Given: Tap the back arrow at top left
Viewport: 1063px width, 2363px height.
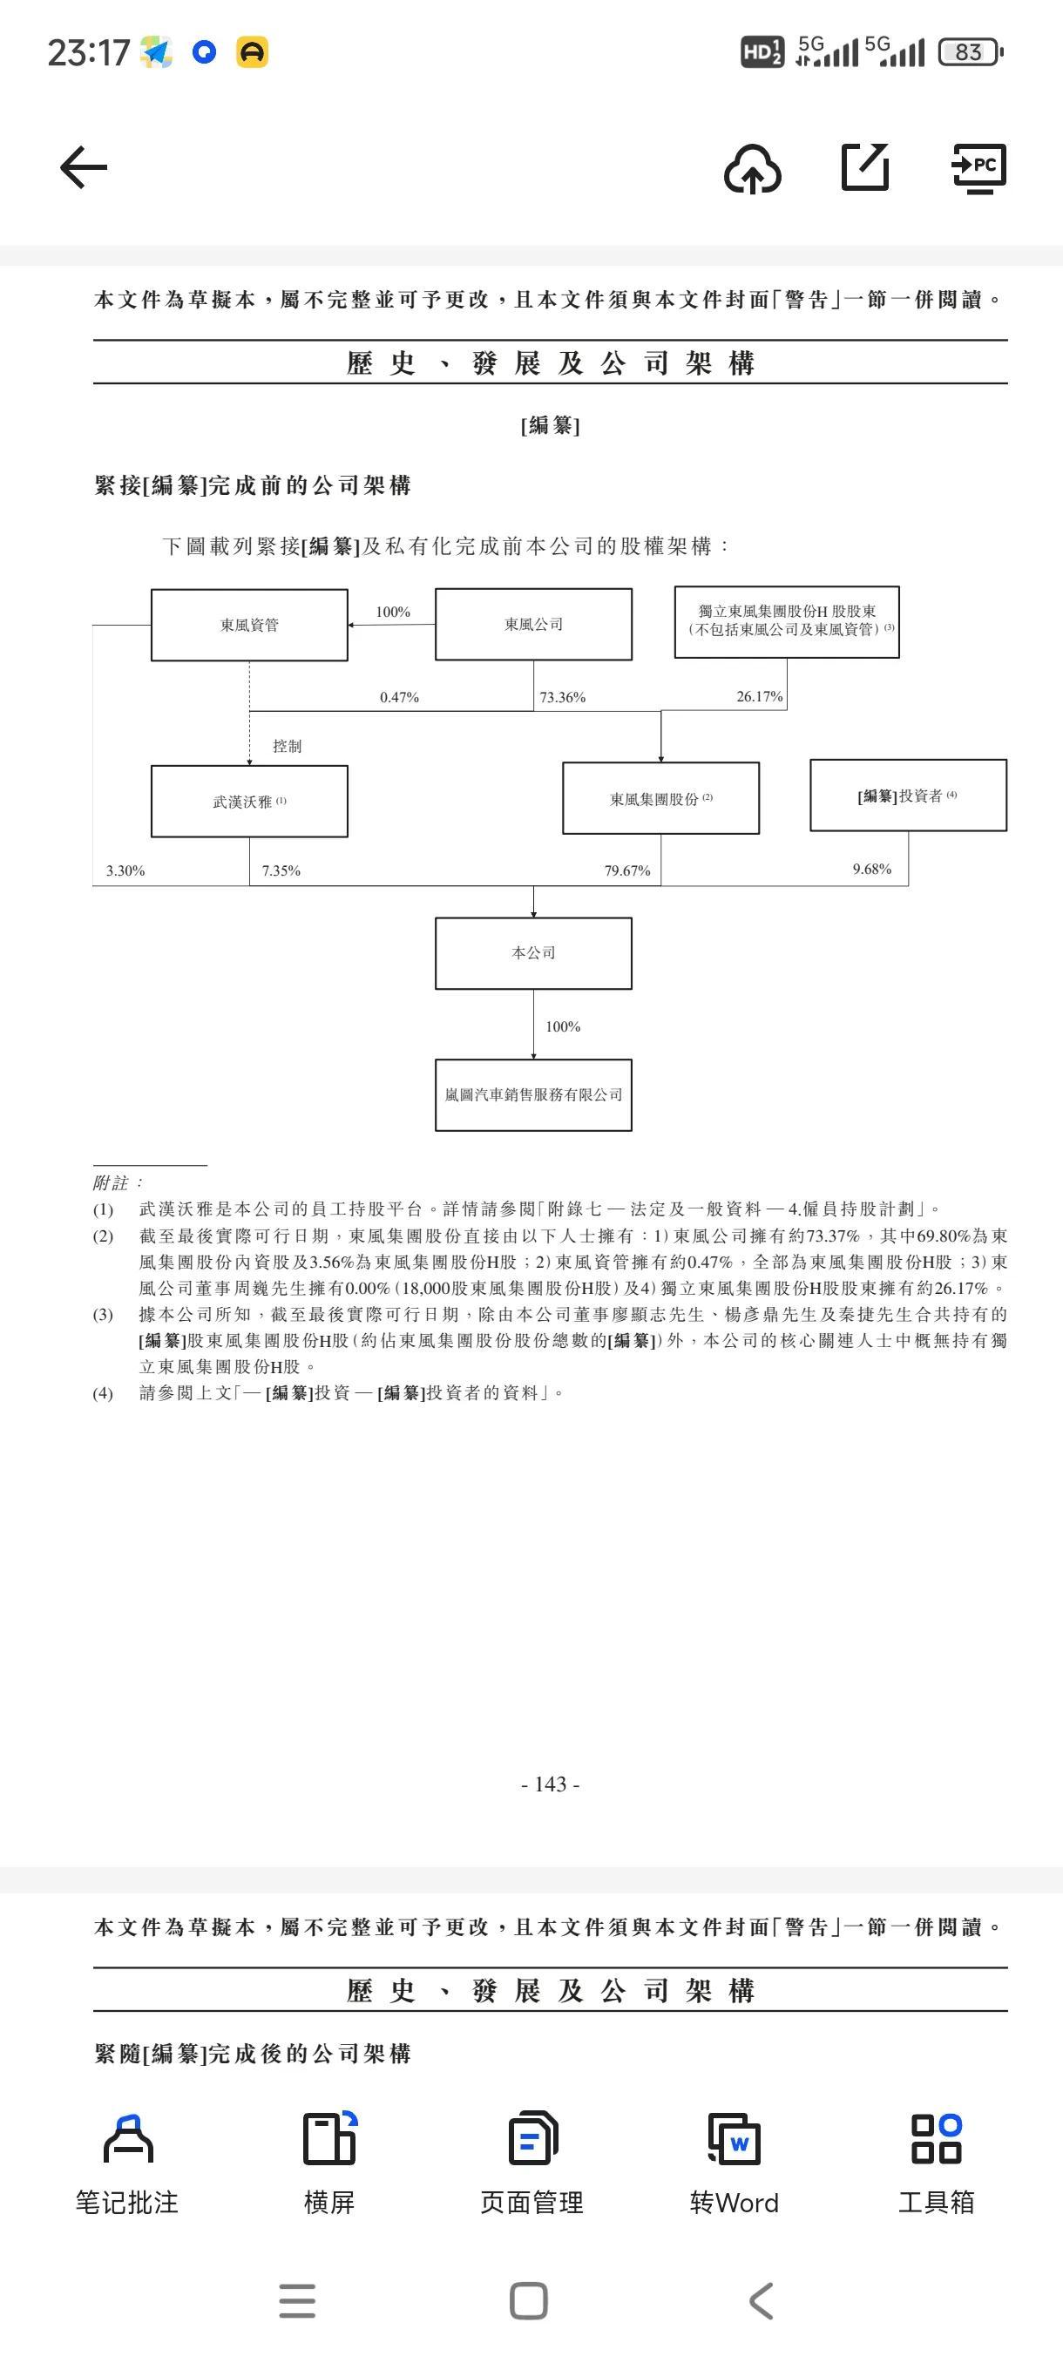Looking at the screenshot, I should (x=84, y=167).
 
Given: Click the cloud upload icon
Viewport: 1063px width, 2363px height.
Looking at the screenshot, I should (x=752, y=169).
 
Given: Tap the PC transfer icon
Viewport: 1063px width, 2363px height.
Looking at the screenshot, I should (x=978, y=168).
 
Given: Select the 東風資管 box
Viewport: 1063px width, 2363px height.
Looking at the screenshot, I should (x=249, y=625).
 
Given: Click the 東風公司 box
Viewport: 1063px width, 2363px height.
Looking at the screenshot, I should (x=533, y=625).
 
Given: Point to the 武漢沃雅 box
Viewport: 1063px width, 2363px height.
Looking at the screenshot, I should (x=249, y=802).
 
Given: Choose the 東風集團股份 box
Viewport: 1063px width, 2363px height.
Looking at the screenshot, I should (x=660, y=799).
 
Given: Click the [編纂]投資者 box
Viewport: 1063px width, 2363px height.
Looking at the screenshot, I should (x=908, y=796).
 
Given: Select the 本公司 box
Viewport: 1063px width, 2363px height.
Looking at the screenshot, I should (x=533, y=953).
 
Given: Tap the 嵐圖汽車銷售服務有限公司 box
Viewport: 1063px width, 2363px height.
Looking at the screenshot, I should (x=533, y=1095).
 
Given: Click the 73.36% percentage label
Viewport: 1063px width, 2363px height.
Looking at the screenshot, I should (x=562, y=697).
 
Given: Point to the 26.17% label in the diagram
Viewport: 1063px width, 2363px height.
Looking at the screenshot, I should (x=760, y=696).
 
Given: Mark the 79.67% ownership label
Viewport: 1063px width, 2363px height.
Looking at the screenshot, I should (x=627, y=870).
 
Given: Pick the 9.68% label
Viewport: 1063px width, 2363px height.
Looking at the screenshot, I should (x=871, y=869).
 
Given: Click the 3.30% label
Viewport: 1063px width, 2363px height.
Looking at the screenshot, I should (x=125, y=870).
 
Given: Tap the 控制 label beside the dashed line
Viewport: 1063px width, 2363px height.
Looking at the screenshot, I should (x=287, y=746).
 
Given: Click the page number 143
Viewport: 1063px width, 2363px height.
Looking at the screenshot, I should (x=551, y=1784).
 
